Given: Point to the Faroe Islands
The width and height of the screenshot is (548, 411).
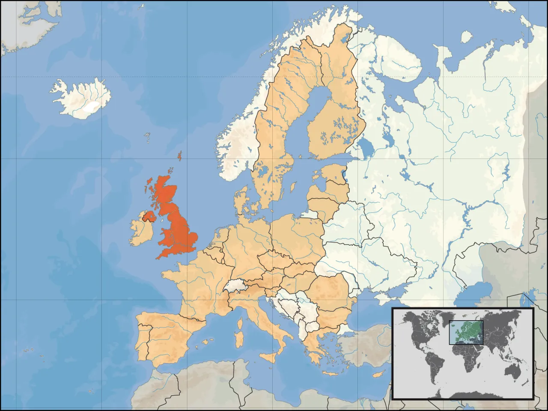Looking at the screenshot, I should pos(147,137).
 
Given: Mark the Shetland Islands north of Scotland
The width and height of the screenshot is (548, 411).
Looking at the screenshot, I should pos(180,156).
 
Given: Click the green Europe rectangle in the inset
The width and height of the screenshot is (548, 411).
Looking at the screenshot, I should pos(466,332).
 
